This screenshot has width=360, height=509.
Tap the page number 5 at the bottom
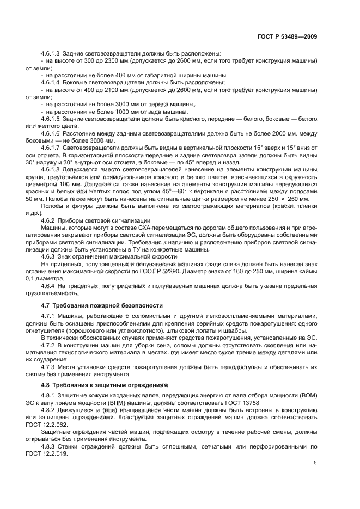(315, 463)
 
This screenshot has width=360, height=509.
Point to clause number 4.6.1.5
(51, 118)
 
